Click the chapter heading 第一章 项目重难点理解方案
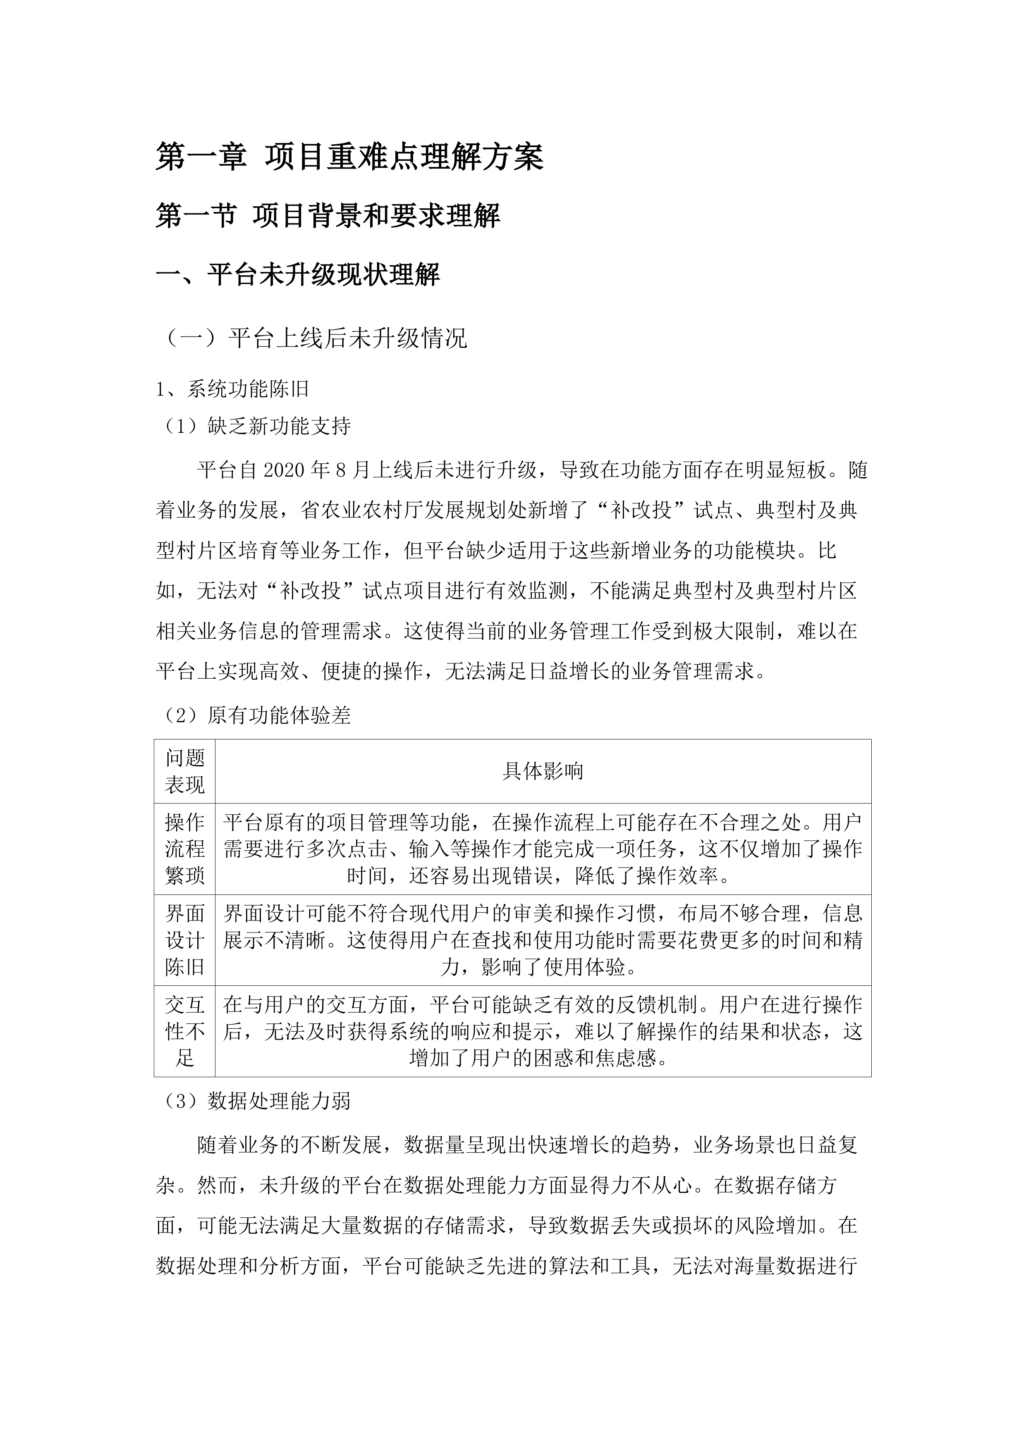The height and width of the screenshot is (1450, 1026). [349, 157]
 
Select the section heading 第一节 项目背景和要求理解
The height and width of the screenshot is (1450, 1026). [328, 216]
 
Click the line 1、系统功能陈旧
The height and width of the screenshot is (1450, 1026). [232, 389]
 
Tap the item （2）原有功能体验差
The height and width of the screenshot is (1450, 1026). [253, 715]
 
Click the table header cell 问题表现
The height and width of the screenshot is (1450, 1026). [184, 771]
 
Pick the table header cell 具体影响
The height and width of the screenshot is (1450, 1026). [543, 771]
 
